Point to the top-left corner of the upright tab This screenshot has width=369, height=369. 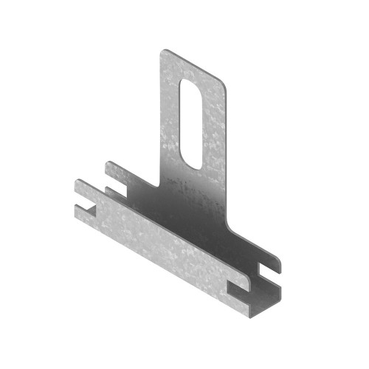pos(163,52)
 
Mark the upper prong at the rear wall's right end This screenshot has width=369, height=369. pos(272,258)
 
